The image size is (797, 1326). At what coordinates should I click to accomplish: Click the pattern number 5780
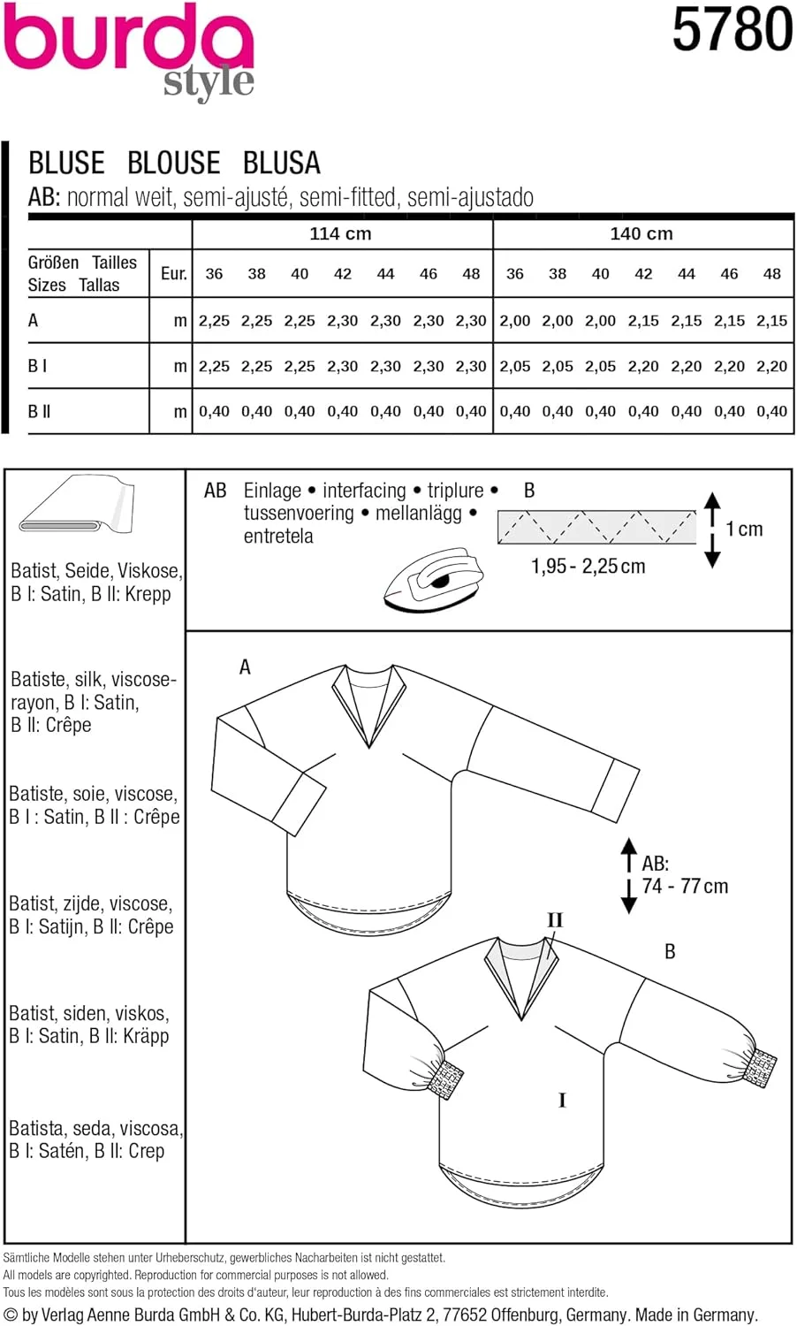coord(732,30)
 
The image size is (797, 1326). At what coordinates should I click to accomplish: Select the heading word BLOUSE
coord(173,164)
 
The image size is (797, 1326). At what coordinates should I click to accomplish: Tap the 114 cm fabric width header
coord(340,234)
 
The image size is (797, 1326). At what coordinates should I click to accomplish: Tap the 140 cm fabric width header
coord(641,234)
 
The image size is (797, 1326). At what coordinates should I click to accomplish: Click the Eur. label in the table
coord(173,274)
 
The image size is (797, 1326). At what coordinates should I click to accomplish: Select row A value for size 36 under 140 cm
coord(514,321)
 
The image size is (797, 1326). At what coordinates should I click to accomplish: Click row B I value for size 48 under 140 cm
coord(771,366)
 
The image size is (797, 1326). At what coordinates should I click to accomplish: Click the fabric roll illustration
coord(75,505)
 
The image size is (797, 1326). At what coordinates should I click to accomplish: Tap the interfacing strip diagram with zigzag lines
coord(596,527)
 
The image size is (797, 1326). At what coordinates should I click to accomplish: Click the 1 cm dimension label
coord(744,530)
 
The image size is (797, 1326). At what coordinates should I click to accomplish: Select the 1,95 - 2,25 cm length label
coord(588,567)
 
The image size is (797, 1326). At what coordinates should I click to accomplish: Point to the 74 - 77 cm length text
coord(686,887)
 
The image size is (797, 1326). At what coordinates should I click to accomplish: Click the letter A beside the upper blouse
coord(245,667)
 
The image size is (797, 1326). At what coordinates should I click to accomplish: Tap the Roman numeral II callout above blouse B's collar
coord(554,920)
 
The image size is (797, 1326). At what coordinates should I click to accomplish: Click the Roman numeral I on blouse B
coord(562,1101)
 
